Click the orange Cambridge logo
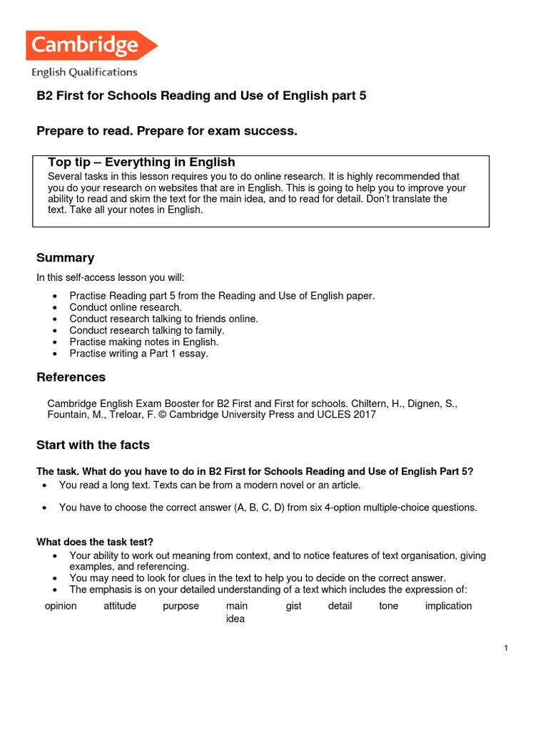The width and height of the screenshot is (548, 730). (91, 46)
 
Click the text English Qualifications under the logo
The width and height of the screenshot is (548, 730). (83, 71)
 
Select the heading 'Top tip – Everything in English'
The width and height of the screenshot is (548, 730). (141, 163)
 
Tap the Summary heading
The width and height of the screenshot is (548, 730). (65, 257)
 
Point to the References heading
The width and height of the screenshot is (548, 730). (71, 376)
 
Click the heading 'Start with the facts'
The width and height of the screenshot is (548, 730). (93, 445)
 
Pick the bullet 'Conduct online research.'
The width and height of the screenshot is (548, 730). (126, 307)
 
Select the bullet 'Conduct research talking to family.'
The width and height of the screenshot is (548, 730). (146, 330)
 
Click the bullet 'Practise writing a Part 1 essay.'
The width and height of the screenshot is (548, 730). (138, 354)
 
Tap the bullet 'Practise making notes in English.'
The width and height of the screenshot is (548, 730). (143, 342)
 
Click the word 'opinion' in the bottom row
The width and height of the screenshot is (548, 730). (61, 606)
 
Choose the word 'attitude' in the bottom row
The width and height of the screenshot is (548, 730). (120, 606)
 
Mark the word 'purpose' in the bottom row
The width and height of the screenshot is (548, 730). (181, 606)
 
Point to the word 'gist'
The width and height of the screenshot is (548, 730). (293, 606)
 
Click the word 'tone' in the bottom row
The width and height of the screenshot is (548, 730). (389, 606)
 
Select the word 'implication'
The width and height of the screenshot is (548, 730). (448, 606)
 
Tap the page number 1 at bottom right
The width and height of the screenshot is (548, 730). (505, 648)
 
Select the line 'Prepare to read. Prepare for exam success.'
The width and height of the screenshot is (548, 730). (166, 131)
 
